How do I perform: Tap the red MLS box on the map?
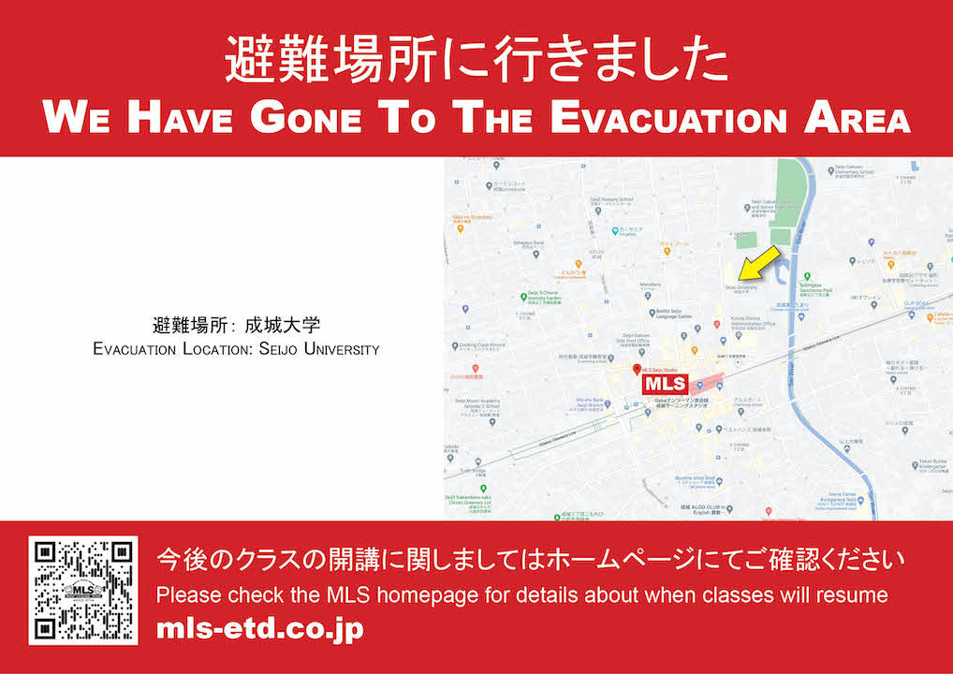tap(665, 383)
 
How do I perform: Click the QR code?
tap(82, 590)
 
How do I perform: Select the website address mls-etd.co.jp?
tap(259, 629)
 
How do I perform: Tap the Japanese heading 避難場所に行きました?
tap(476, 62)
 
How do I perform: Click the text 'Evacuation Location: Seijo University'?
tap(236, 349)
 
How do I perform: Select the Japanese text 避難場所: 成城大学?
tap(236, 327)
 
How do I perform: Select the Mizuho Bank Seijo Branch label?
tap(591, 403)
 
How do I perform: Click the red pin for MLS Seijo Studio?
tap(638, 371)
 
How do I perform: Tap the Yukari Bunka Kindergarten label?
tap(927, 463)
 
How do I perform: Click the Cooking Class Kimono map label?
tap(483, 345)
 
